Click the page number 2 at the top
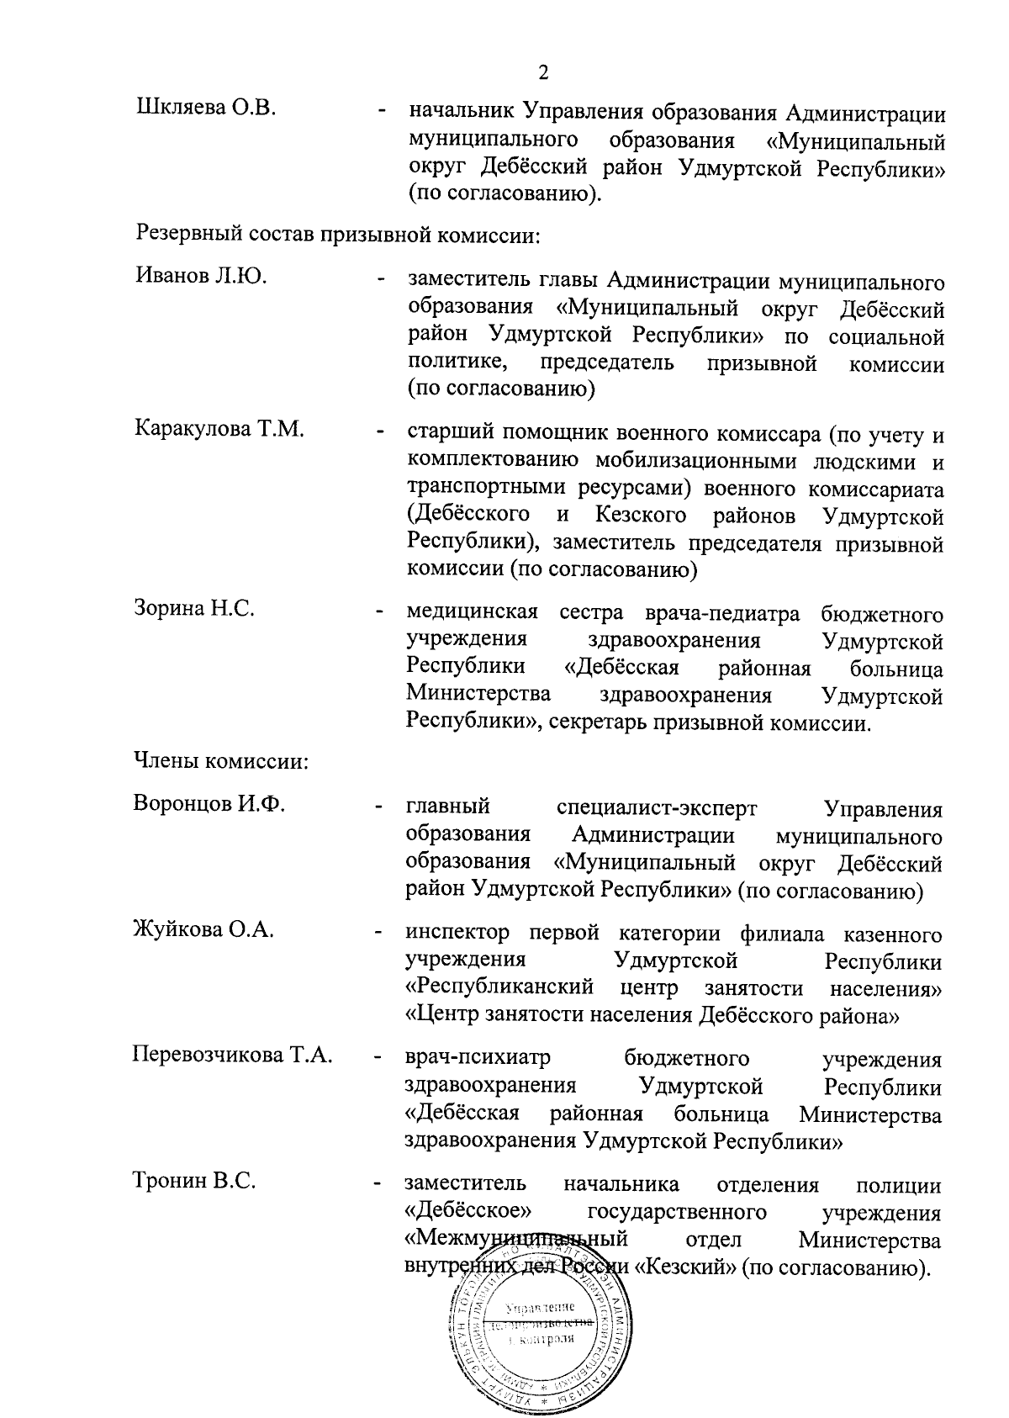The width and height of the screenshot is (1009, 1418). point(542,72)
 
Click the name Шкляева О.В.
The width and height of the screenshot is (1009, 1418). point(205,109)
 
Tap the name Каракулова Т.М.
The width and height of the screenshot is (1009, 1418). point(219,429)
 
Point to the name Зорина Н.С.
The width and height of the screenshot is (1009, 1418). point(194,608)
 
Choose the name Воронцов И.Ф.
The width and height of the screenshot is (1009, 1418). point(209,803)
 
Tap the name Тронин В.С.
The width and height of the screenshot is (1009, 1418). point(194,1181)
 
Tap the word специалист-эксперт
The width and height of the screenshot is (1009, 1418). point(657,808)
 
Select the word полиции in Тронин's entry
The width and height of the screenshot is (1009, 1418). point(898,1186)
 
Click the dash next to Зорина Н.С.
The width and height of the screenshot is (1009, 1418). point(382,611)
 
